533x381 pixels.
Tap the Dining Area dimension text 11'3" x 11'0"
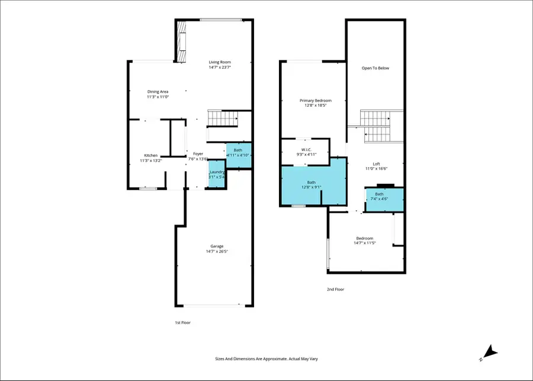pyautogui.click(x=158, y=97)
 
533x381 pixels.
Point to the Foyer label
pyautogui.click(x=198, y=154)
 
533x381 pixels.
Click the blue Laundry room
pyautogui.click(x=216, y=174)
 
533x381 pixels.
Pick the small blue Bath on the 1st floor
pyautogui.click(x=238, y=152)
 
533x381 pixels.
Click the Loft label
pyautogui.click(x=376, y=164)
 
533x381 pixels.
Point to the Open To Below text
pyautogui.click(x=375, y=68)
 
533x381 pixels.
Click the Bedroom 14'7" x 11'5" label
pyautogui.click(x=365, y=238)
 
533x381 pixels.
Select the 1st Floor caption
pyautogui.click(x=182, y=322)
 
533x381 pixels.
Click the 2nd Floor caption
pyautogui.click(x=335, y=289)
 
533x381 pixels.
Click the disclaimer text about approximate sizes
pyautogui.click(x=266, y=359)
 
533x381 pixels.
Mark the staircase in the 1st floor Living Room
pyautogui.click(x=222, y=118)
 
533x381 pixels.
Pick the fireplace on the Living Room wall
pyautogui.click(x=180, y=40)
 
